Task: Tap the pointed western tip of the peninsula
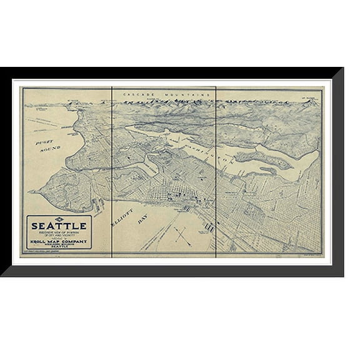click(x=29, y=192)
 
